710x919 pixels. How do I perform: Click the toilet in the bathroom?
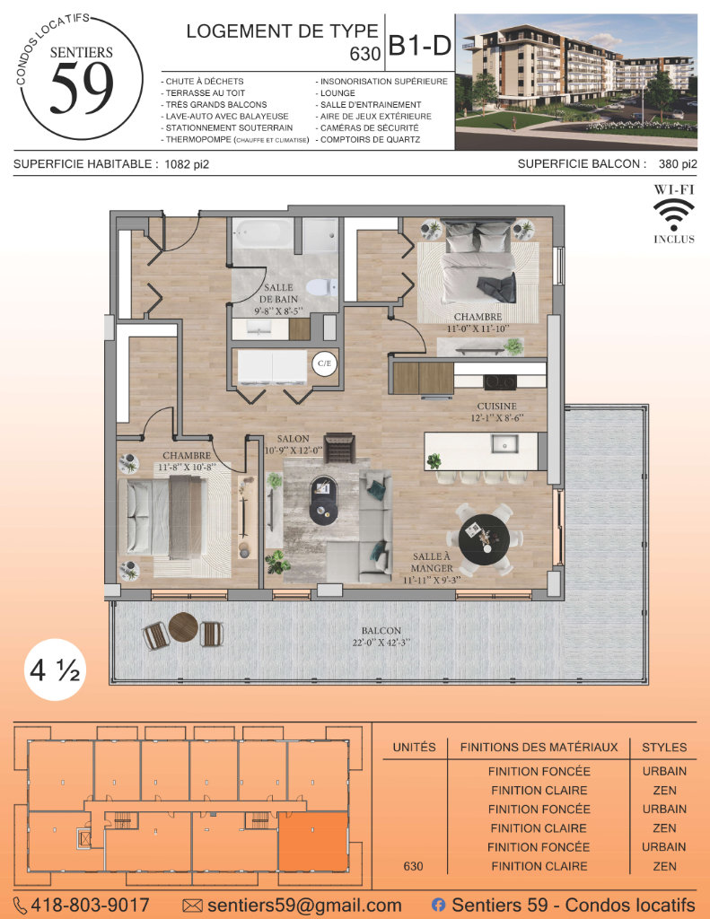(x=322, y=287)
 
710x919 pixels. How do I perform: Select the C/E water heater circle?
(x=324, y=363)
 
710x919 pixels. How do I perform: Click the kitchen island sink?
(x=504, y=444)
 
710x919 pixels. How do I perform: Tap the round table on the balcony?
(x=183, y=627)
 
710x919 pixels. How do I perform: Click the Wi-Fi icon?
(x=674, y=215)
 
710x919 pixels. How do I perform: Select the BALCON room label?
(x=381, y=631)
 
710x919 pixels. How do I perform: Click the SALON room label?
(x=294, y=439)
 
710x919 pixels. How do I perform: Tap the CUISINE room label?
(x=496, y=407)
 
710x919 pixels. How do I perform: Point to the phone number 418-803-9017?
(x=90, y=905)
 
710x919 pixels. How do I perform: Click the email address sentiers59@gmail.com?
(x=304, y=906)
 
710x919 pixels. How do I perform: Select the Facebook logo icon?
(x=438, y=905)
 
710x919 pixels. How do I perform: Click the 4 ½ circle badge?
(x=55, y=670)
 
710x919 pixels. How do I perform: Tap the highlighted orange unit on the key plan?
(x=312, y=842)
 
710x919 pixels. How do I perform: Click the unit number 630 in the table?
(x=413, y=866)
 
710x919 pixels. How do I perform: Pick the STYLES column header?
(x=664, y=748)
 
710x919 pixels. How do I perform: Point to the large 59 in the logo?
(x=82, y=88)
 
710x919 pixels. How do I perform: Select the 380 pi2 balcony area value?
(x=678, y=164)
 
